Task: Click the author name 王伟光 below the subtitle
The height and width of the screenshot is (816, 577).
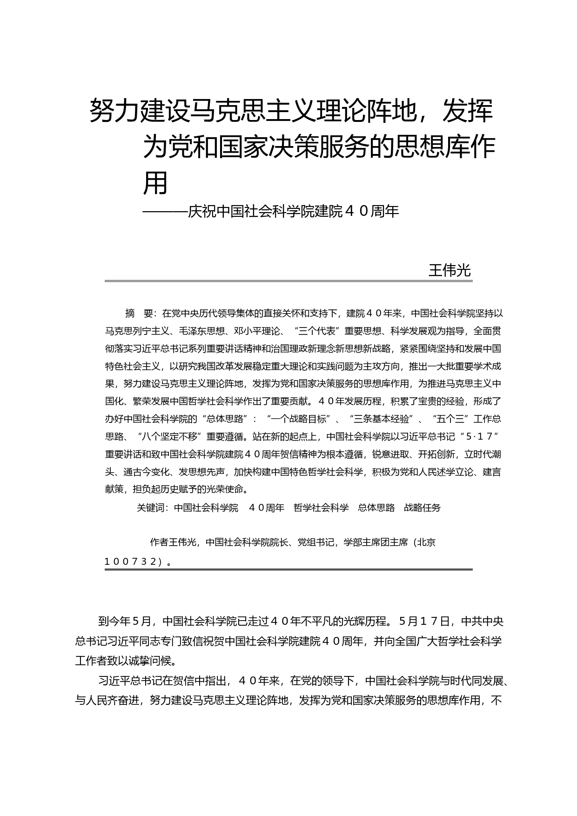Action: coord(449,270)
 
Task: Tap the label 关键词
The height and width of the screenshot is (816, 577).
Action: coord(151,508)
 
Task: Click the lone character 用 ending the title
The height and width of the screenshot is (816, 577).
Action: coord(155,183)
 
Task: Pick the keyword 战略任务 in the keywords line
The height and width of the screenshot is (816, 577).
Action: coord(422,508)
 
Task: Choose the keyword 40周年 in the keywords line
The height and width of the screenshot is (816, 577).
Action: coord(267,508)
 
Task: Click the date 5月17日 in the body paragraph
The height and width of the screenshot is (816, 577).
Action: coord(424,622)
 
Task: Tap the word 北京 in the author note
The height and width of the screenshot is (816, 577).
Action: coord(426,542)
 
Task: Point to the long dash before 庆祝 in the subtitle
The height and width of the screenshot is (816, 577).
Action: coord(165,212)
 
